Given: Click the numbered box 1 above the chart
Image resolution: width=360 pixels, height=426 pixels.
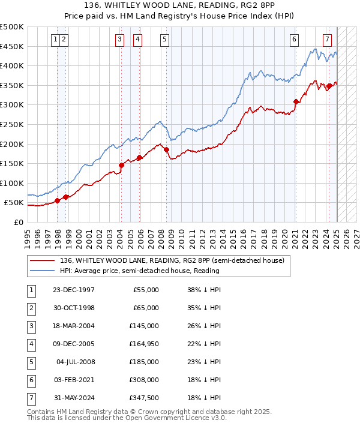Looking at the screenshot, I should pyautogui.click(x=55, y=40).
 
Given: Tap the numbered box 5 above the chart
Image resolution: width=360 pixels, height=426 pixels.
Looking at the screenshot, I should pyautogui.click(x=164, y=40).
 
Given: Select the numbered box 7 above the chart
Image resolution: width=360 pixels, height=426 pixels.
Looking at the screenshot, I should pyautogui.click(x=327, y=40).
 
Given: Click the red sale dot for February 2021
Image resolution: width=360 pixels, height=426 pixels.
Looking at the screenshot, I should pyautogui.click(x=296, y=101).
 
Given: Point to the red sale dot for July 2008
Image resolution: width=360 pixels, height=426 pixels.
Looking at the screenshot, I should pyautogui.click(x=167, y=149).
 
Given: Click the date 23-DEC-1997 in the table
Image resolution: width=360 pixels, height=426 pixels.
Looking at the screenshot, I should pyautogui.click(x=74, y=290).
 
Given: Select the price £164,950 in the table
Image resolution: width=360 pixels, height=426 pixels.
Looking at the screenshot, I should pyautogui.click(x=145, y=344).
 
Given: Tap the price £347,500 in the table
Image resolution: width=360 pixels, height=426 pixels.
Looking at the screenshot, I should pyautogui.click(x=145, y=398).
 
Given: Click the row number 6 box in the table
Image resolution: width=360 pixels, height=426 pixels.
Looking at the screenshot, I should pyautogui.click(x=31, y=380).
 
